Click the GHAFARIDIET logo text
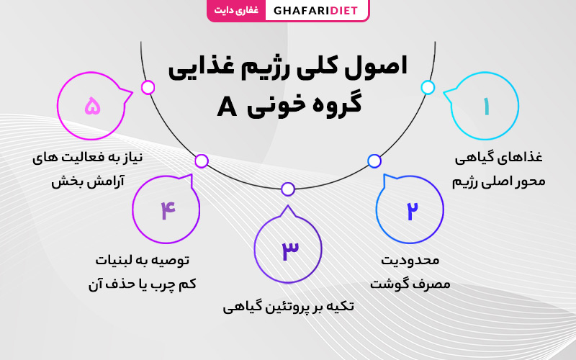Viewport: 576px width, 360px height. pos(315,10)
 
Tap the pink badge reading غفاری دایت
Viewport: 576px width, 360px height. pos(236,10)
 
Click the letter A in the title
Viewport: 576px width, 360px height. pos(227,107)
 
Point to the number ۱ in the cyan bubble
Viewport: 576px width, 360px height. pos(487,106)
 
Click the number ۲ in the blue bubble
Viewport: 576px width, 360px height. pos(412,210)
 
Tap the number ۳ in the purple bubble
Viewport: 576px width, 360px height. pos(290,251)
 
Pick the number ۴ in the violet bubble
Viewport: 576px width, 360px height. pos(168,210)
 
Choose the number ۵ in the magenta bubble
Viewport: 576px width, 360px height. pos(92,106)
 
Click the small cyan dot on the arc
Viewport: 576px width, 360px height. pos(428,87)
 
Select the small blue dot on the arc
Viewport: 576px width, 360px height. pos(374,161)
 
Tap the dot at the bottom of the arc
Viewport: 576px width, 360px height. pos(288,189)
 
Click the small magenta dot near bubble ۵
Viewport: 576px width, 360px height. pos(148,87)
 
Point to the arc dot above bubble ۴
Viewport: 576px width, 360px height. pos(202,161)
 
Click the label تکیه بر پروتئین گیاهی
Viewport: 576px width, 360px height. pos(288,307)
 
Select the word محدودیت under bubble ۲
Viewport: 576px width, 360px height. pos(410,261)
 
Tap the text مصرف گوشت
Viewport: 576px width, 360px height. pos(410,284)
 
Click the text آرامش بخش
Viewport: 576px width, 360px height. pos(88,181)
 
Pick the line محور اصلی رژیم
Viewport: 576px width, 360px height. pos(498,181)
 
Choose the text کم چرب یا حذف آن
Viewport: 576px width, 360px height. pos(142,284)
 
